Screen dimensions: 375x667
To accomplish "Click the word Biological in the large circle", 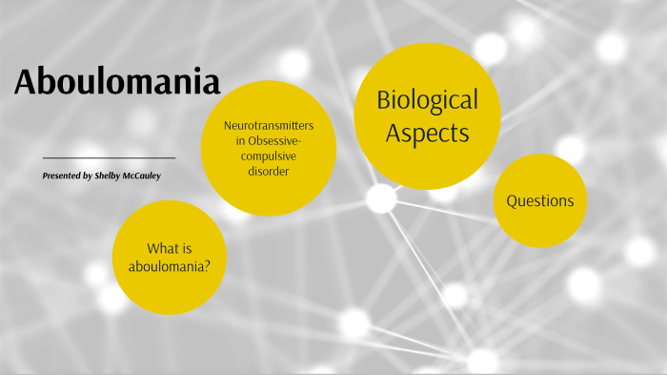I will click(427, 100).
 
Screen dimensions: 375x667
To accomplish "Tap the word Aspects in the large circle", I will click(427, 133).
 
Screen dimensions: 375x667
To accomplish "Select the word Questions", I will click(539, 201).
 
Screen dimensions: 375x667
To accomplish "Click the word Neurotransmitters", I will click(268, 125).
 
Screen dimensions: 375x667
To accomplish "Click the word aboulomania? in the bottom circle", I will click(170, 265).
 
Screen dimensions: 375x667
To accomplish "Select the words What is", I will click(170, 248).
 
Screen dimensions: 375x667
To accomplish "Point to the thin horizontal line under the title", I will click(109, 157).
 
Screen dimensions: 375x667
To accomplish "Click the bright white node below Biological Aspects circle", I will click(381, 198).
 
